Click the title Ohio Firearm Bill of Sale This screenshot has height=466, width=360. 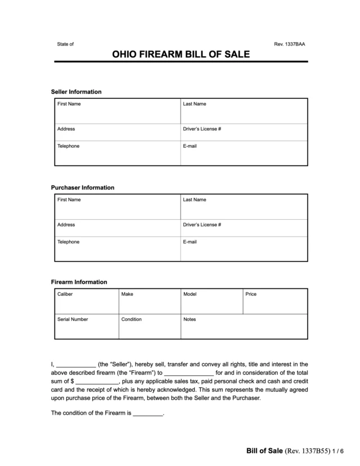(x=180, y=55)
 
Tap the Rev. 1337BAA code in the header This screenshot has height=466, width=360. (x=290, y=44)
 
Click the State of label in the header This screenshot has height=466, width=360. (x=65, y=44)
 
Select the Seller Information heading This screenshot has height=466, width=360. (x=76, y=92)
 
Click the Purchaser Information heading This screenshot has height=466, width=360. (x=83, y=187)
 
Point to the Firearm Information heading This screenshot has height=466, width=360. (x=79, y=282)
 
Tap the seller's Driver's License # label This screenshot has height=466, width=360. (x=202, y=129)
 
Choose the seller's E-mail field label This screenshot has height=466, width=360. (x=190, y=146)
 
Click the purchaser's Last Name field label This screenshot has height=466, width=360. (x=195, y=200)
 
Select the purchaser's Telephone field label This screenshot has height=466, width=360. (x=69, y=242)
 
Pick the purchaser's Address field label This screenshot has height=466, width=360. (x=66, y=224)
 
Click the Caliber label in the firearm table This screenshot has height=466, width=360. (x=65, y=294)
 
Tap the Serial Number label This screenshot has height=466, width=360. (x=73, y=319)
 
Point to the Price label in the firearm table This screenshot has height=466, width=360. (x=251, y=294)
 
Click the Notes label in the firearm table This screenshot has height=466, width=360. (x=190, y=319)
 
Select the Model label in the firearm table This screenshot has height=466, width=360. (x=190, y=294)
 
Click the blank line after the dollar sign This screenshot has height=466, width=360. (x=97, y=381)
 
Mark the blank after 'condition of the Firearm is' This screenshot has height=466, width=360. (x=147, y=413)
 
